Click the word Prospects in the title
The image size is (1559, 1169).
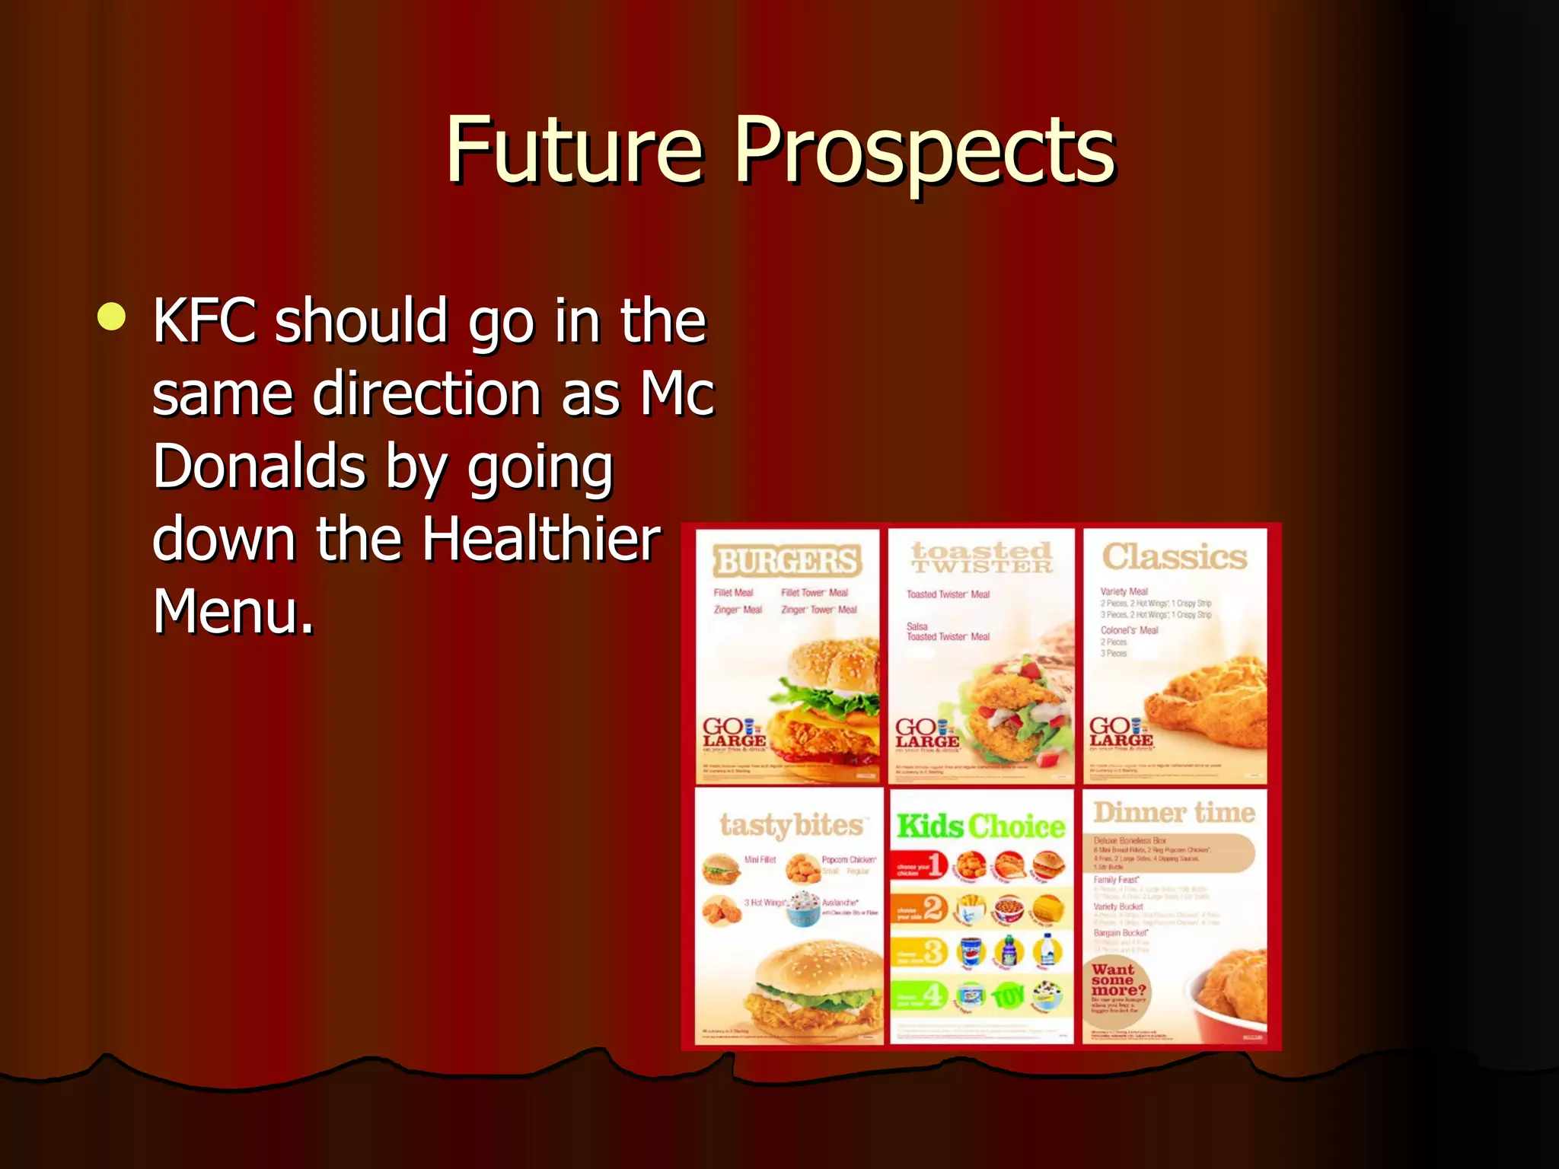point(924,152)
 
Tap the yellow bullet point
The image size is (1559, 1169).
point(112,317)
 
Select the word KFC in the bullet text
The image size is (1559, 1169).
point(204,321)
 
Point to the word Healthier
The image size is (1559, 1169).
point(541,539)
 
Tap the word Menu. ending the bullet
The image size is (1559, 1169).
point(233,611)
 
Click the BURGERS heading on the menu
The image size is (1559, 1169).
point(786,561)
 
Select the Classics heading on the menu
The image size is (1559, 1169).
point(1175,556)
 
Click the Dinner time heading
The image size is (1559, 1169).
point(1174,813)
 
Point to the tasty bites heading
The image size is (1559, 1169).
point(791,825)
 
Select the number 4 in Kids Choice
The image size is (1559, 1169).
point(934,994)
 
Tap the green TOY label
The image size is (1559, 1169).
point(1009,995)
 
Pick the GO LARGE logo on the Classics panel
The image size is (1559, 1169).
point(1121,732)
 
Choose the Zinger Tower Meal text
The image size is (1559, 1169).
point(819,610)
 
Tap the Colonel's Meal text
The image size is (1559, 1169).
point(1129,630)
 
